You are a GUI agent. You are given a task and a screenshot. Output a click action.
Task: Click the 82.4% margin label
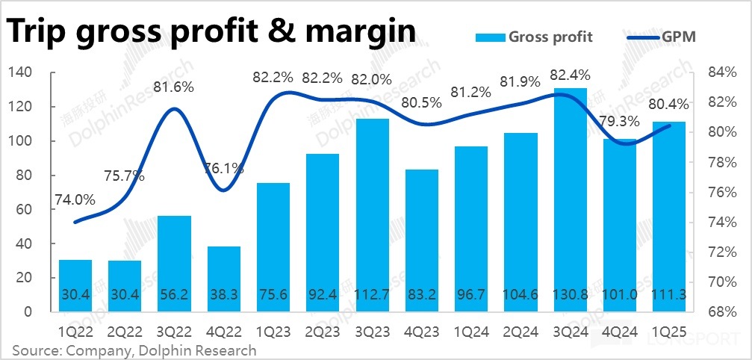[x=570, y=75]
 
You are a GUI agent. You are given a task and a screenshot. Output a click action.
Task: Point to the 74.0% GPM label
[x=75, y=199]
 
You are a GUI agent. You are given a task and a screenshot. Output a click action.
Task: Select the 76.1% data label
[x=224, y=169]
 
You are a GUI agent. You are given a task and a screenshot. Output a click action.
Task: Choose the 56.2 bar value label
[x=173, y=295]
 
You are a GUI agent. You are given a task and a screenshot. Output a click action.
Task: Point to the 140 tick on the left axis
[x=20, y=72]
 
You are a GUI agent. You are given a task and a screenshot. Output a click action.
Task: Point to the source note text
[x=134, y=350]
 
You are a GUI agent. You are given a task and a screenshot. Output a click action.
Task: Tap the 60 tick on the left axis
[x=24, y=209]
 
